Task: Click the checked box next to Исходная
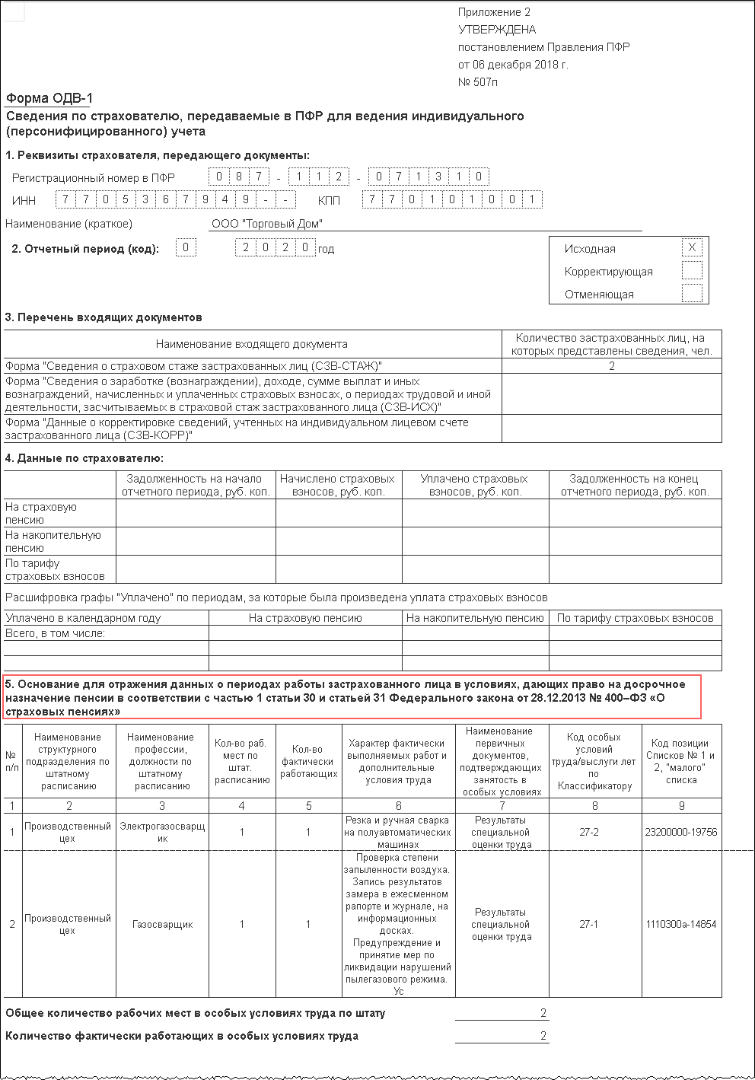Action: point(692,248)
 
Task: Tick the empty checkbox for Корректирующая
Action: point(692,271)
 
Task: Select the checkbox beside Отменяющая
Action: point(692,294)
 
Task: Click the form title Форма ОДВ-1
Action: point(49,98)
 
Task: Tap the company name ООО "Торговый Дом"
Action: point(267,224)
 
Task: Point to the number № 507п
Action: point(478,82)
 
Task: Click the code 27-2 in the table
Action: point(589,832)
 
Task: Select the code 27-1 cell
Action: point(589,924)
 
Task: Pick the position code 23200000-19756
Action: point(681,832)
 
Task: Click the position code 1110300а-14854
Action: point(681,924)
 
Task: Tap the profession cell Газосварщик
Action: point(162,924)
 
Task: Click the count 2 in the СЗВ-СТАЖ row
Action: point(612,366)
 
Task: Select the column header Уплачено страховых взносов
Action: point(475,485)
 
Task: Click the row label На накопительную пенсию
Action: point(53,541)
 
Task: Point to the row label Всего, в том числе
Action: point(55,633)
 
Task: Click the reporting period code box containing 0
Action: point(186,247)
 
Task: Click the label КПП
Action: point(329,201)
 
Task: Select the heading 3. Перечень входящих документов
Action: point(104,317)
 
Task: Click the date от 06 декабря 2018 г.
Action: point(513,65)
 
